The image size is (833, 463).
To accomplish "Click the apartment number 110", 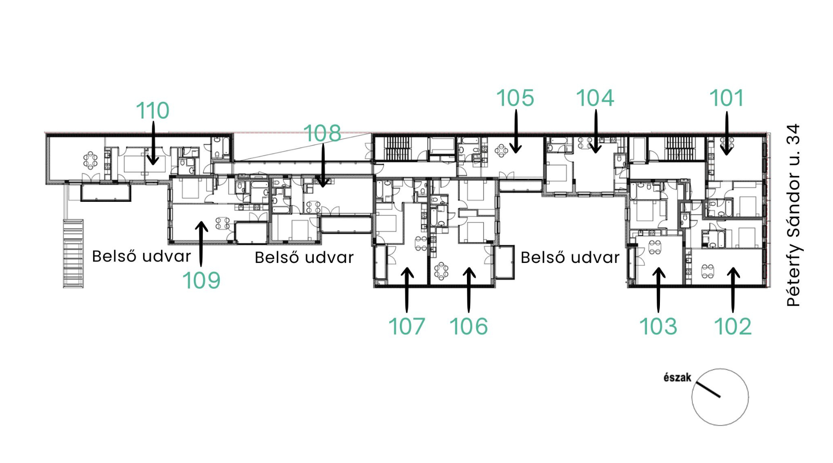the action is pyautogui.click(x=153, y=111).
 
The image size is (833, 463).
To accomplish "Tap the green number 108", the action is pyautogui.click(x=323, y=133).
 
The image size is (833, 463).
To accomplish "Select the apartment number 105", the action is pyautogui.click(x=515, y=98).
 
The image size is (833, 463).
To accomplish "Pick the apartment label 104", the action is pyautogui.click(x=595, y=98).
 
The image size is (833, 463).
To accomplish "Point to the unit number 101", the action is pyautogui.click(x=727, y=98).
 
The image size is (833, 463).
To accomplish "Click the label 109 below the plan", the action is pyautogui.click(x=201, y=281).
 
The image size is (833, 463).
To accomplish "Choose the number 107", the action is pyautogui.click(x=406, y=326).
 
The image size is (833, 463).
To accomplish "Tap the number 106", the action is pyautogui.click(x=469, y=326).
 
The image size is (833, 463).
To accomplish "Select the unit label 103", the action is pyautogui.click(x=658, y=326).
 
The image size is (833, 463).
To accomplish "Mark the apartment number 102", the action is pyautogui.click(x=733, y=326).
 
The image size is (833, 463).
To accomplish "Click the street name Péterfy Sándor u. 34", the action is pyautogui.click(x=793, y=215).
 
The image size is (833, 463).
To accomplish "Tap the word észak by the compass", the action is pyautogui.click(x=678, y=377).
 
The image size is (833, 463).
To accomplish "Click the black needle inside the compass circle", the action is pyautogui.click(x=709, y=390).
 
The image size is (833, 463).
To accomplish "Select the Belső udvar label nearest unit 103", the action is pyautogui.click(x=570, y=257).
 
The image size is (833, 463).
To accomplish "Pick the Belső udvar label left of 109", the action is pyautogui.click(x=142, y=256).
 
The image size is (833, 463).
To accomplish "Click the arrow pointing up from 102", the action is pyautogui.click(x=733, y=290).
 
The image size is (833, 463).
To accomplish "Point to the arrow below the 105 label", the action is pyautogui.click(x=516, y=131).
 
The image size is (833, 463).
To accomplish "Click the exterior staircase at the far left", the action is pyautogui.click(x=73, y=254).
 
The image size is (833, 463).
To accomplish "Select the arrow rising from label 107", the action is pyautogui.click(x=407, y=290).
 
